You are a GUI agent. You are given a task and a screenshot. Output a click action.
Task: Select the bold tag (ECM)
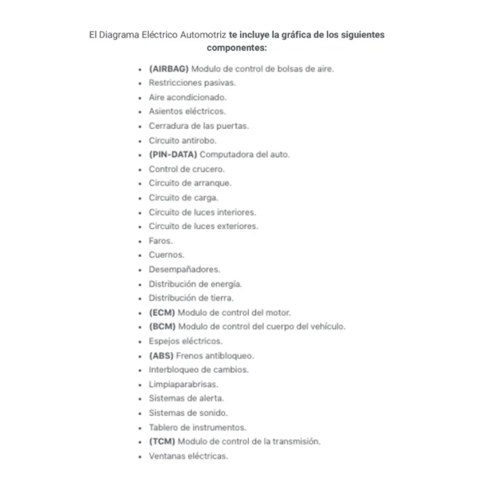coord(162,312)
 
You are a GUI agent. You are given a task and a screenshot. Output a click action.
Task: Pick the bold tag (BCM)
coord(162,327)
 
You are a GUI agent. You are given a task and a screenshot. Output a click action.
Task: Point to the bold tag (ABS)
coord(161,355)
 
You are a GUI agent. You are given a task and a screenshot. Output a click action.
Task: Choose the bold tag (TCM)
coord(162,441)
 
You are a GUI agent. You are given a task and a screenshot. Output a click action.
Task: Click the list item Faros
coord(160,240)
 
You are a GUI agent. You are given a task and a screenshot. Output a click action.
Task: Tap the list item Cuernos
coord(166,255)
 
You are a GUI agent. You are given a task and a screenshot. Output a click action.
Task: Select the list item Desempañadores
coord(184,270)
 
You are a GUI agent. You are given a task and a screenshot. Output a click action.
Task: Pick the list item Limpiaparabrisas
coord(183,384)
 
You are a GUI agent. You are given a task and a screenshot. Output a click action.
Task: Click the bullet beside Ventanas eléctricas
coord(139,456)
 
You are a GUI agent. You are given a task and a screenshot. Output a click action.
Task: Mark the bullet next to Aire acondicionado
coord(139,97)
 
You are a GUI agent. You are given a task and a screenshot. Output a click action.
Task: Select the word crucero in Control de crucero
coord(208,169)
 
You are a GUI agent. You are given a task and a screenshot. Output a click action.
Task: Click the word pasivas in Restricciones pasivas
coord(219,83)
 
